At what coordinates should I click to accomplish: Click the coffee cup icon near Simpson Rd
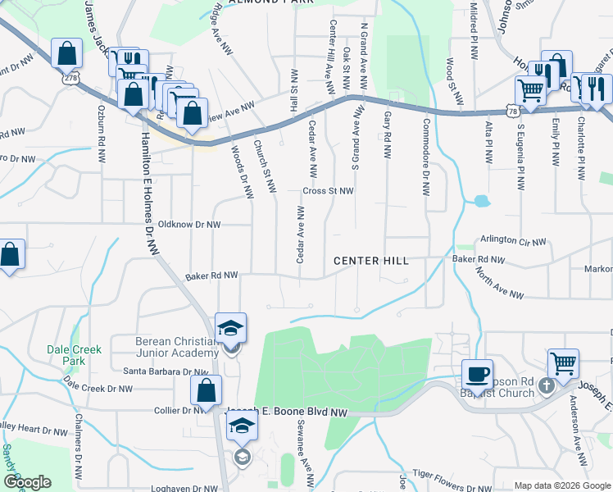(478, 374)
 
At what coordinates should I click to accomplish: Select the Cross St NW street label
(328, 191)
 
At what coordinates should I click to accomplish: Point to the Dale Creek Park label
(74, 355)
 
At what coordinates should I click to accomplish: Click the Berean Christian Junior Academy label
(176, 348)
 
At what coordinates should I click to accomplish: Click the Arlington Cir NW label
(513, 240)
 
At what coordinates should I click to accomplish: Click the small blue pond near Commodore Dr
(481, 200)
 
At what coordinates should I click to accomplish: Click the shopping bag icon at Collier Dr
(205, 390)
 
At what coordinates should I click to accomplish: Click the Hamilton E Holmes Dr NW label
(147, 195)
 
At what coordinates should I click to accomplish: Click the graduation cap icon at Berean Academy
(231, 328)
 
